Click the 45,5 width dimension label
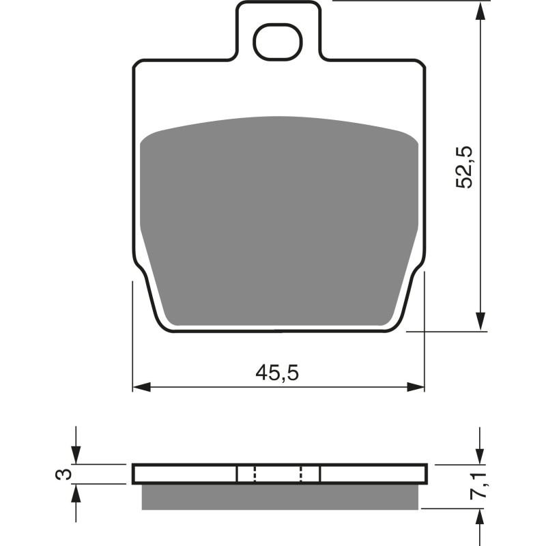(x=278, y=373)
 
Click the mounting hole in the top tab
(x=277, y=42)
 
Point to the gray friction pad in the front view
(x=278, y=218)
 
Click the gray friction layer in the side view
(x=280, y=496)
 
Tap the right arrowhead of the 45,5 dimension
(x=416, y=387)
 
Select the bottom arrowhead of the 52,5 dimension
(x=482, y=322)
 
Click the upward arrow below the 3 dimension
(x=76, y=493)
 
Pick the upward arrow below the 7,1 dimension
(x=482, y=518)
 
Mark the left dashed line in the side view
(x=254, y=474)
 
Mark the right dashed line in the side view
(x=302, y=474)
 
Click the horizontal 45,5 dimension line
(x=205, y=387)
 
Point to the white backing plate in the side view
(x=184, y=474)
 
